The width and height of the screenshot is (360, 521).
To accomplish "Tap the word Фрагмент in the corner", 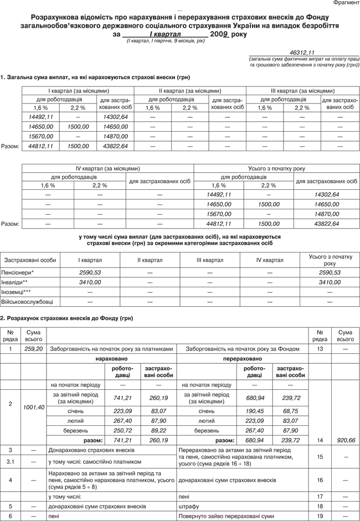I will click(345, 3).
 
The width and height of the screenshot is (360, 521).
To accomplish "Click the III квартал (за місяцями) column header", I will click(302, 90).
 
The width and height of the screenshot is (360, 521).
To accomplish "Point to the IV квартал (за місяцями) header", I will click(107, 168).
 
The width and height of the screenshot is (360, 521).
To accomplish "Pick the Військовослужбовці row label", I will click(27, 301).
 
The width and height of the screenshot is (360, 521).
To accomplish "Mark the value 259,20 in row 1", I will click(34, 349).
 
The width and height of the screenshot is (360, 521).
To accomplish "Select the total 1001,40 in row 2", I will click(34, 407).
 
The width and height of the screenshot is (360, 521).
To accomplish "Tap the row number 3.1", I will click(11, 461).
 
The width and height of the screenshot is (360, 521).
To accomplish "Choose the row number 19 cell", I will click(320, 516).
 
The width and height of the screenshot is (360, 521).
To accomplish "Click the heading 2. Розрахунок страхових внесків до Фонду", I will click(67, 318).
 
